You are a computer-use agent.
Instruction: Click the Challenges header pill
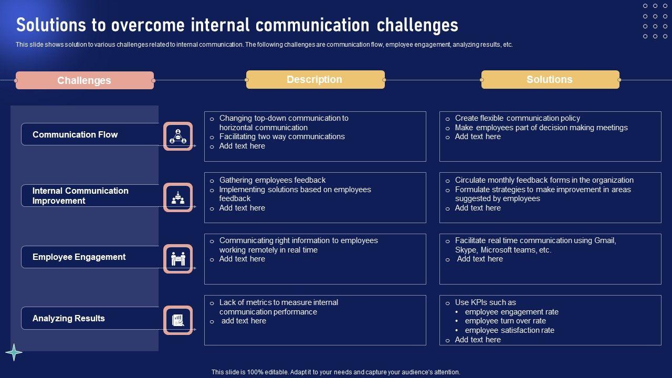click(85, 80)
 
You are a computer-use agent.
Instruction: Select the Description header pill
click(315, 79)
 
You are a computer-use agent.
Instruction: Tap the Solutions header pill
click(550, 79)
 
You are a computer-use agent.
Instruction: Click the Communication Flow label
click(75, 134)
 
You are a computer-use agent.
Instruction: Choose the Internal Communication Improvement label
click(80, 196)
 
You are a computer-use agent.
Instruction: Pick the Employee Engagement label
click(79, 257)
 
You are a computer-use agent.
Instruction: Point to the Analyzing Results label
click(69, 318)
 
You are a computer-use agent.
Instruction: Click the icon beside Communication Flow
click(178, 136)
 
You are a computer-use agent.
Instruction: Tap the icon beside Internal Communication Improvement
click(178, 197)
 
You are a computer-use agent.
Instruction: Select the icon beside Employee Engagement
click(178, 259)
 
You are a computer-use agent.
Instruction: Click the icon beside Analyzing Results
click(178, 320)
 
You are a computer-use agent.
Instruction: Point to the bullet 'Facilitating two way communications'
click(282, 136)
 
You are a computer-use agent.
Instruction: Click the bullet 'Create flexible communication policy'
click(517, 118)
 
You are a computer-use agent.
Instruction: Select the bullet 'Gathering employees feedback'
click(272, 180)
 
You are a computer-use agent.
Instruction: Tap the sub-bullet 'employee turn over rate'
click(505, 321)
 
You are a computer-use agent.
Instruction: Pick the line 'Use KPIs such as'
click(485, 302)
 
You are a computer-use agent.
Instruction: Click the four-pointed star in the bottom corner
click(14, 352)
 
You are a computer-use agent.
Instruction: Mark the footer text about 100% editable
click(336, 372)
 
